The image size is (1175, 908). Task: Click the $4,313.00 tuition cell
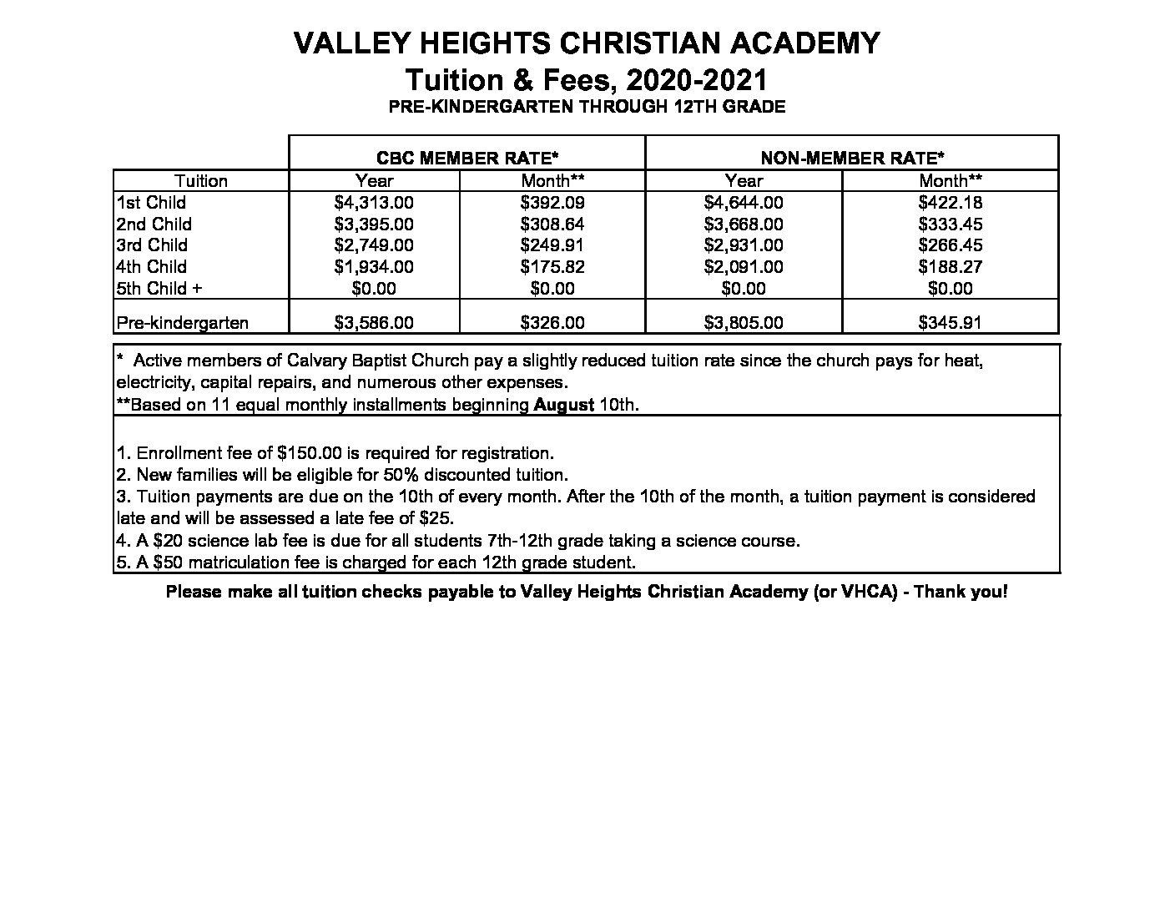[374, 203]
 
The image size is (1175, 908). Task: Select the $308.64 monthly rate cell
[552, 224]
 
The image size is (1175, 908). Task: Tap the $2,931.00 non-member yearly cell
[744, 245]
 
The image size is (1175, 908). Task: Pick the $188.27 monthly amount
[950, 267]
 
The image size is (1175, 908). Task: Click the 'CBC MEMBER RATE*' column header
[467, 158]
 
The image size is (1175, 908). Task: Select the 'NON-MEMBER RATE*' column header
[852, 158]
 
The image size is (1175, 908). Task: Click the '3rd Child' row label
[152, 245]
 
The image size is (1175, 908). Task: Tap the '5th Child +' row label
[159, 289]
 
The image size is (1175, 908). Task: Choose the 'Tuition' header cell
[201, 181]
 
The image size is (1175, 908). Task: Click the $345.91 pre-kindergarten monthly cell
[950, 322]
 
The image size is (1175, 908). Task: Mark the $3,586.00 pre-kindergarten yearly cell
[374, 322]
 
